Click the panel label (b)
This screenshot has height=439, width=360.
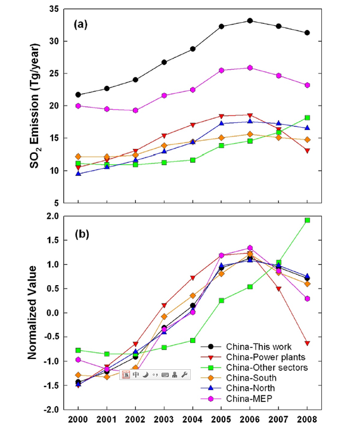coord(81,234)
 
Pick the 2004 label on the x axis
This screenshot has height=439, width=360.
coord(193,422)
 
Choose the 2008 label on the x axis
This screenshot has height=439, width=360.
coord(308,422)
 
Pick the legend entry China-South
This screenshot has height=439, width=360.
coord(249,378)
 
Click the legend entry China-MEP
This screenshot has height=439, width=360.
coord(247,400)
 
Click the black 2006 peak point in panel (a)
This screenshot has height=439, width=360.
coord(250,21)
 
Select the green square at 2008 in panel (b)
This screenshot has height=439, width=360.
coord(308,220)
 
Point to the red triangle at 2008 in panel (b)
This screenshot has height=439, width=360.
coord(308,344)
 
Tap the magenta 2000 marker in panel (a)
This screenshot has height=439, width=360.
coord(78,106)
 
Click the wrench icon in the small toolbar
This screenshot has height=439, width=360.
coord(184,375)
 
